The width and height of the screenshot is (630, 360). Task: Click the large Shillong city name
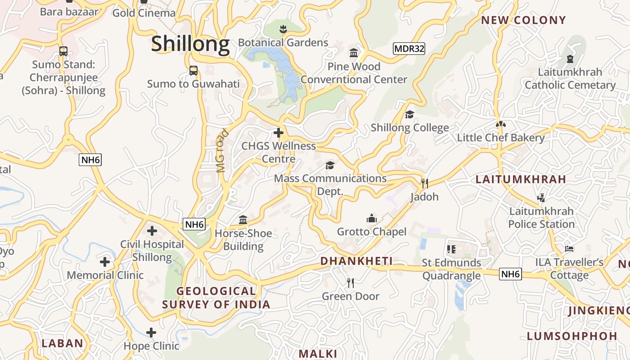tap(190, 44)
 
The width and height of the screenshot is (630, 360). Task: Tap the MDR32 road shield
tap(409, 49)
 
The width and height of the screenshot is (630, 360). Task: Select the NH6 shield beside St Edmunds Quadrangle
tap(510, 274)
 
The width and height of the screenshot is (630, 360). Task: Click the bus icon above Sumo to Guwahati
tap(193, 71)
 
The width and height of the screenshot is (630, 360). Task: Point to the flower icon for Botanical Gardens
tap(283, 30)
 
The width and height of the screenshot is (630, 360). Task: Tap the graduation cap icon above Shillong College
tap(409, 115)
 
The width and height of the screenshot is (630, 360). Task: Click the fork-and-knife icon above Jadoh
tap(424, 183)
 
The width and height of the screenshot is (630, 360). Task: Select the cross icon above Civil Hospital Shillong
tap(152, 231)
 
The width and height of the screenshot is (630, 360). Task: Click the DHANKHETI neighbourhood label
tap(356, 261)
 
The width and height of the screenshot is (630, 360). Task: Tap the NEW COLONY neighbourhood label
tap(523, 20)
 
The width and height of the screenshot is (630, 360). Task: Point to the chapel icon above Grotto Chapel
tap(371, 219)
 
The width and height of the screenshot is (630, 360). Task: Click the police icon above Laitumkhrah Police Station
tap(541, 198)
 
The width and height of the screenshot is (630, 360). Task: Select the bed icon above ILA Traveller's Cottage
tap(569, 249)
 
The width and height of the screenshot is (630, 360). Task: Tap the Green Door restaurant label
tap(351, 296)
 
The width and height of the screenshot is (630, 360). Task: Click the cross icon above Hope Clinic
tap(151, 333)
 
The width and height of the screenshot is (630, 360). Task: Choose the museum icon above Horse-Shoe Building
tap(243, 220)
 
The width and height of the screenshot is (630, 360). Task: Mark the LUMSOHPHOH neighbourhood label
tap(572, 336)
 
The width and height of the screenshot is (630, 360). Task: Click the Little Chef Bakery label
tap(500, 138)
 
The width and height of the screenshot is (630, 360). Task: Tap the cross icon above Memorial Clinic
tap(105, 262)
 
